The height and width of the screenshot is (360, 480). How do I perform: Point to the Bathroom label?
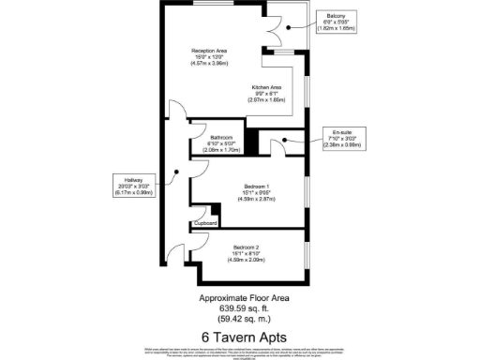[x=220, y=137]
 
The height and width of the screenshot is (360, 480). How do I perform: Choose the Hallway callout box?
[x=128, y=187]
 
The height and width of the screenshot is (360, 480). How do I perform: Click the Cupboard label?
[x=204, y=223]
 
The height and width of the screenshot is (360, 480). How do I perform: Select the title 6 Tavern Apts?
[x=244, y=336]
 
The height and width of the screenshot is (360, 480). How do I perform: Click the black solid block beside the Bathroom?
[x=251, y=142]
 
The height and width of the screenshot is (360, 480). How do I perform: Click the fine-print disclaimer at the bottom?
[x=244, y=351]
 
